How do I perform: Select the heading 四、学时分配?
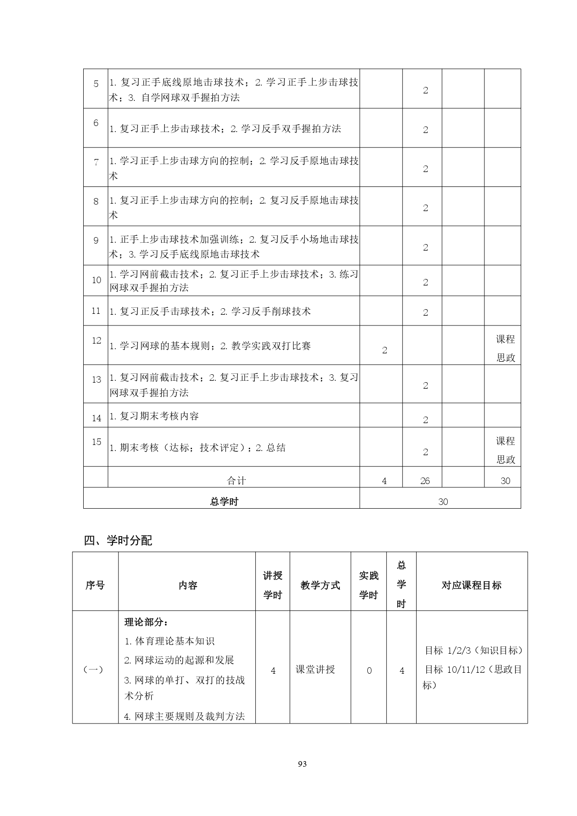coord(118,540)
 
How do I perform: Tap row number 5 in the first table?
coord(96,84)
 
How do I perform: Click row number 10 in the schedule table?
coord(96,280)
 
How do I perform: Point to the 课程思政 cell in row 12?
coord(505,348)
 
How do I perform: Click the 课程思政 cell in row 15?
coord(505,450)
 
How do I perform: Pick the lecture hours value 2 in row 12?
coord(385,351)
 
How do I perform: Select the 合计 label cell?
coord(236,481)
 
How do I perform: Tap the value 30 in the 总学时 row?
coord(443,502)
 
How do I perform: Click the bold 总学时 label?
coord(224,502)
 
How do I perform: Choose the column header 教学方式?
coord(320,585)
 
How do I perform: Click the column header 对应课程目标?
coord(471,585)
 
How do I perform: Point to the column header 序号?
coord(95,585)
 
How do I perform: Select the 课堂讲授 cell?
coord(315,670)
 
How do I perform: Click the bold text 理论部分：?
coord(146,622)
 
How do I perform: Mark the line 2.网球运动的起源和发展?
coord(179,660)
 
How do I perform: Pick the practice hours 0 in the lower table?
coord(369,670)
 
